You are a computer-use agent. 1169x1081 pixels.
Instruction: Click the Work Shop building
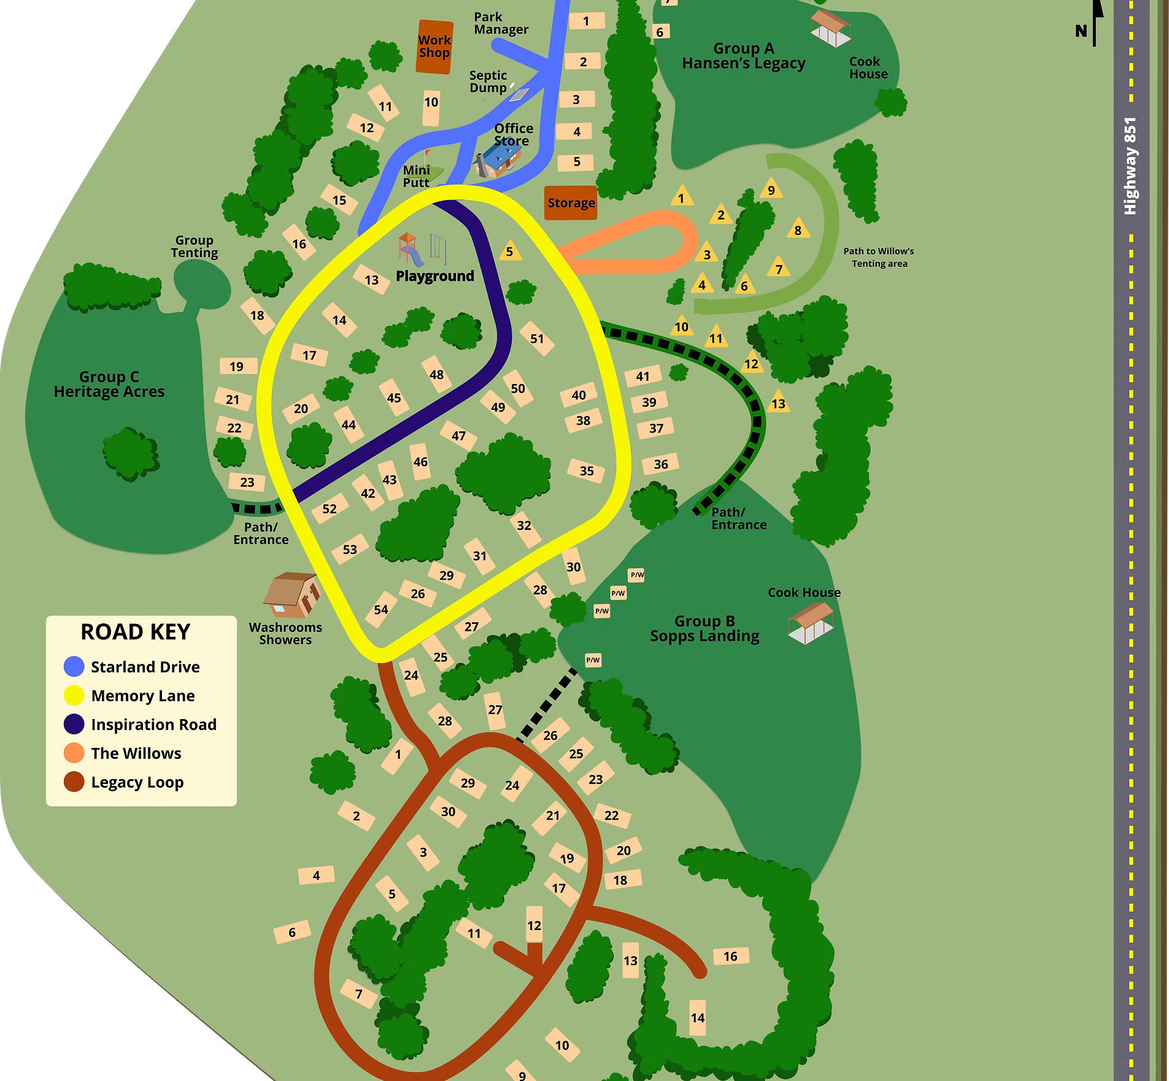tap(434, 47)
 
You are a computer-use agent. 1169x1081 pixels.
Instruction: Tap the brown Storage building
tap(571, 202)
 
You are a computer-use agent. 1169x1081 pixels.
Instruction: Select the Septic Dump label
tap(488, 82)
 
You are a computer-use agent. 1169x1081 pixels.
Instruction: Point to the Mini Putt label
tap(416, 177)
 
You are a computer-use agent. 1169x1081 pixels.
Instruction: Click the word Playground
tap(434, 276)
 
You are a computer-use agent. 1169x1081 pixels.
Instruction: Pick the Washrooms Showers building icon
tap(291, 595)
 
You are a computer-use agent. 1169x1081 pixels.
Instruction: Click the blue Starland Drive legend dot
tap(74, 667)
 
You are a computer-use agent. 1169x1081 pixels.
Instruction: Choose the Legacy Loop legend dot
tap(74, 782)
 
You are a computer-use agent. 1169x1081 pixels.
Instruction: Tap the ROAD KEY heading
tap(136, 632)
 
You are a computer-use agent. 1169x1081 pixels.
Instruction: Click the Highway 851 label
tap(1130, 166)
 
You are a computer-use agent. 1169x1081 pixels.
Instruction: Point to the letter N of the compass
tap(1081, 31)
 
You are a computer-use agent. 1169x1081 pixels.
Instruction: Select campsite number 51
tap(537, 339)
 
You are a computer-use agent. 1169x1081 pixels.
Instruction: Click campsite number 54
tap(381, 609)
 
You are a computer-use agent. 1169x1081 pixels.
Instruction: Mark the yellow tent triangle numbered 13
tap(778, 403)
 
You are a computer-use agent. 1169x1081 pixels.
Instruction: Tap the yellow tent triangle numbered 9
tap(771, 190)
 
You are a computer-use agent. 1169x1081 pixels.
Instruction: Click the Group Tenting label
tap(194, 247)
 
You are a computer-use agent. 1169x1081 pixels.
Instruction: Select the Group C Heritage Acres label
tap(109, 385)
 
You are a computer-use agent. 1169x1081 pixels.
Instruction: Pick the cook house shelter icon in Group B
tap(811, 623)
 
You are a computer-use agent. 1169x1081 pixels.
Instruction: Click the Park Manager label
tap(501, 23)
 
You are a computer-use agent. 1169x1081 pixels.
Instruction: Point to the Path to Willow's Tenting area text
tap(879, 257)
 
